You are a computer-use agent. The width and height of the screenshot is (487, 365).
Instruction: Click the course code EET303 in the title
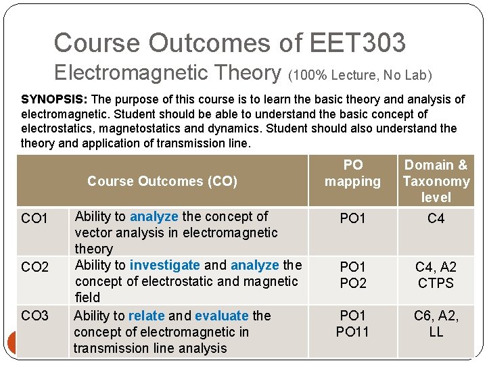pyautogui.click(x=357, y=43)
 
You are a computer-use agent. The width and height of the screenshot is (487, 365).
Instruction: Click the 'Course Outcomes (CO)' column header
pyautogui.click(x=162, y=181)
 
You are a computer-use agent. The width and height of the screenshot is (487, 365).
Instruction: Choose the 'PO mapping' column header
pyautogui.click(x=352, y=173)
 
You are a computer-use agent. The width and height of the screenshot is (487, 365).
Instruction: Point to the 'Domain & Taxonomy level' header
pyautogui.click(x=436, y=181)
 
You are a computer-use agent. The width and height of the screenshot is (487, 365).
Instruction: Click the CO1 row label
pyautogui.click(x=35, y=219)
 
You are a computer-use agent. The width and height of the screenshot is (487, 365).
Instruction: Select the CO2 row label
pyautogui.click(x=35, y=267)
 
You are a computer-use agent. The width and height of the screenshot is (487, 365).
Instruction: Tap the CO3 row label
pyautogui.click(x=35, y=316)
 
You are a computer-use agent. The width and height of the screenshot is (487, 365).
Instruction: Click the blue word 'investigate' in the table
pyautogui.click(x=164, y=265)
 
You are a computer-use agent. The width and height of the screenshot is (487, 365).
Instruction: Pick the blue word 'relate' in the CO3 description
pyautogui.click(x=147, y=316)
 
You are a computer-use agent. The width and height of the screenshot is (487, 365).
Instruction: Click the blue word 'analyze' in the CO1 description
pyautogui.click(x=154, y=216)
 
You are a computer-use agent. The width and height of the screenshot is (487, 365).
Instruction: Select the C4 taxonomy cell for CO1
pyautogui.click(x=436, y=218)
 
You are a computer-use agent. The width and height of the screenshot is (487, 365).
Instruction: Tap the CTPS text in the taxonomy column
pyautogui.click(x=436, y=283)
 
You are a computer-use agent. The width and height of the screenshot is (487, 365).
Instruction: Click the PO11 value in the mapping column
pyautogui.click(x=352, y=332)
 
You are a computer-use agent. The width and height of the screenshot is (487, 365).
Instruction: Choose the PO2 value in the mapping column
pyautogui.click(x=352, y=283)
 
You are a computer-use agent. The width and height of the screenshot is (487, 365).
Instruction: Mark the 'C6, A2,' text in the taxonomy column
pyautogui.click(x=436, y=316)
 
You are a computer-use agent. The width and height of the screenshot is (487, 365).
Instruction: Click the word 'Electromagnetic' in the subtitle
pyautogui.click(x=167, y=72)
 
